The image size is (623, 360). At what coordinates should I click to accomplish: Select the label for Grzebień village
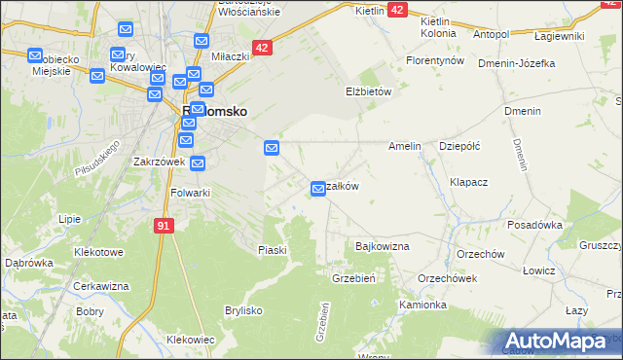[354, 277]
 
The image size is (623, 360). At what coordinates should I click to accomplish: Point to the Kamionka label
[422, 305]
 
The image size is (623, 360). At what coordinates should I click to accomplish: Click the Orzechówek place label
[446, 277]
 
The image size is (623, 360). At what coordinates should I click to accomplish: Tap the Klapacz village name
[469, 182]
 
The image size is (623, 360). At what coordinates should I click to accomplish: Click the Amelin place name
[404, 146]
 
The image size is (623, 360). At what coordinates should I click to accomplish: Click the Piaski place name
[273, 250]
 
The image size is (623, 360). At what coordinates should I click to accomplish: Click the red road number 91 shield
[164, 226]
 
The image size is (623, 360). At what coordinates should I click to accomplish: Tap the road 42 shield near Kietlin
[396, 9]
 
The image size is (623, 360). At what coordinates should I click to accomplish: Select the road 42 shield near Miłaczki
[261, 47]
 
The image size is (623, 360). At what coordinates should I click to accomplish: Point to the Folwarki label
[190, 193]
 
